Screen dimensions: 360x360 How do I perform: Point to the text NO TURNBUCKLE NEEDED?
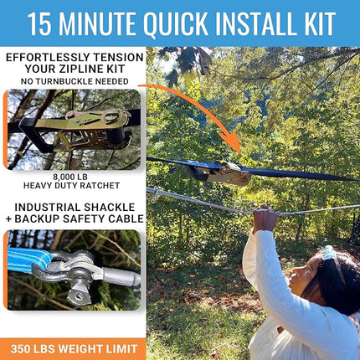click(73, 81)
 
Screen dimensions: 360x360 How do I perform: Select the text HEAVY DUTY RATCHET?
click(74, 185)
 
